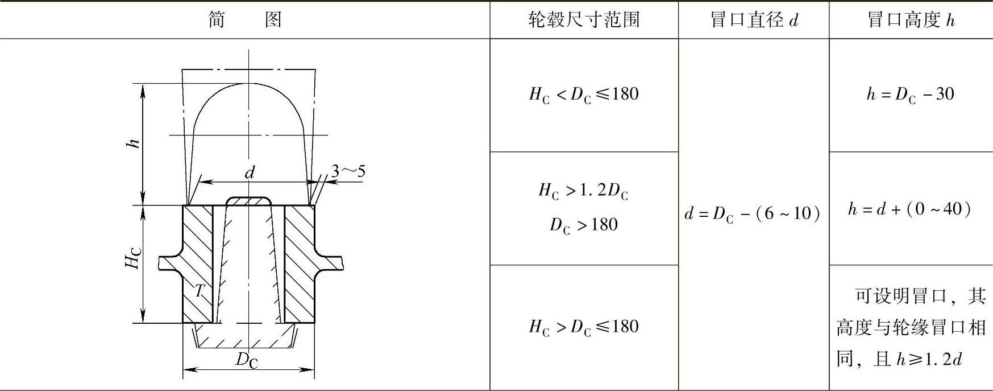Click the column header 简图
[245, 20]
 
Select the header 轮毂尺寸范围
[584, 20]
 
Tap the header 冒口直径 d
[754, 20]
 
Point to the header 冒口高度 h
[911, 20]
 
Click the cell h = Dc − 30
[910, 94]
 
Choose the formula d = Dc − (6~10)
[753, 213]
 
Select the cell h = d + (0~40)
[909, 209]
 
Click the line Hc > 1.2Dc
[583, 191]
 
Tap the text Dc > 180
[583, 225]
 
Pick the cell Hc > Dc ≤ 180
[583, 327]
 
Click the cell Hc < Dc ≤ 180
[583, 94]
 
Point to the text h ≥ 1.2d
[929, 360]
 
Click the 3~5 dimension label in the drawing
[348, 171]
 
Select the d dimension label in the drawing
[250, 172]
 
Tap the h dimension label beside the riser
[132, 143]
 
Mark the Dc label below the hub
[247, 359]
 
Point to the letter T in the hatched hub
[199, 291]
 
